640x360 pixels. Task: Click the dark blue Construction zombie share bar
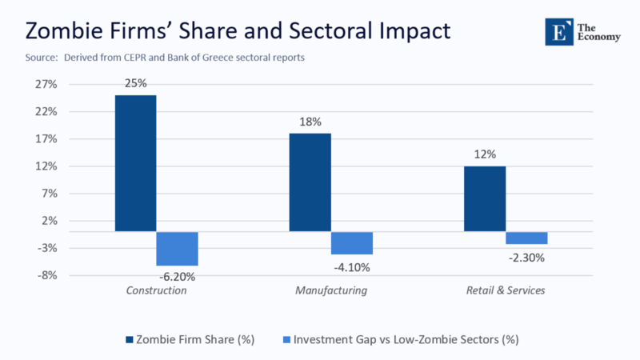coord(135,163)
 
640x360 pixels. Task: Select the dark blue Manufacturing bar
coord(310,182)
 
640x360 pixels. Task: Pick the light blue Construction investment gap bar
coord(177,248)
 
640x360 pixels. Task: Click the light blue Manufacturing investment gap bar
coord(351,242)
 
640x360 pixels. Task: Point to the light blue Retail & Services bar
coord(526,238)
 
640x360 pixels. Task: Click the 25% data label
coord(135,82)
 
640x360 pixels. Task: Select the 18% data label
coord(310,122)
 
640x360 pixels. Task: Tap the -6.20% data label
coord(176,277)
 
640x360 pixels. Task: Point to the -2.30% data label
coord(526,257)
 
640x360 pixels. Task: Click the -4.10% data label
coord(351,266)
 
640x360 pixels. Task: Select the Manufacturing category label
coord(330,290)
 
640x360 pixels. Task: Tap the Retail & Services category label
coord(505,290)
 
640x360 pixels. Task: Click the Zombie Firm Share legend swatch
coord(130,339)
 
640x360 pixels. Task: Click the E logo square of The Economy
coord(556,30)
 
